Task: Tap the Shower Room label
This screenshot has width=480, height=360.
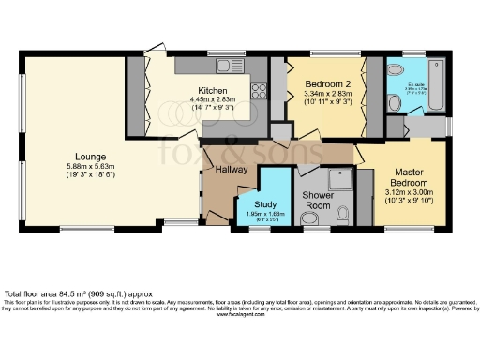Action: pos(318,200)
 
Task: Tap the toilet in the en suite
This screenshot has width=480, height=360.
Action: pos(395,72)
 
